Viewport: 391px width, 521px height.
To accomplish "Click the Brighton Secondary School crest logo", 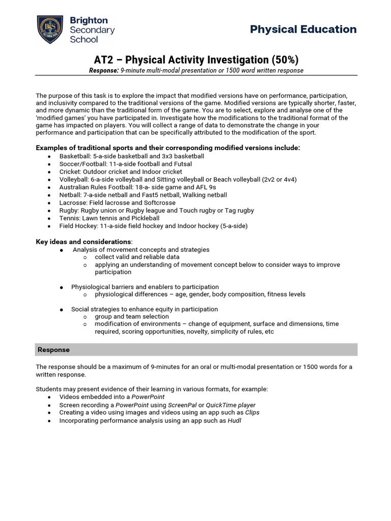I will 50,30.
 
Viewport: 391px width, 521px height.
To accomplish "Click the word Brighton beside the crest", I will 89,20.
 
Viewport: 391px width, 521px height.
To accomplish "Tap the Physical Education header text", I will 303,29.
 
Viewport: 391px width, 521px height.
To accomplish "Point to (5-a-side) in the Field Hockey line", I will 231,226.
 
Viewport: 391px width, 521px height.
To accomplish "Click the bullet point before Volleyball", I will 48,180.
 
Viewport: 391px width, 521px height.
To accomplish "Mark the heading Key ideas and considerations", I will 83,242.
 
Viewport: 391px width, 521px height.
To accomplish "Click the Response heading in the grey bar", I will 53,350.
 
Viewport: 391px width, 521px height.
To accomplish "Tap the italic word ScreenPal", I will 182,405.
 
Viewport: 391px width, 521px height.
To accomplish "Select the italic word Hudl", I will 234,421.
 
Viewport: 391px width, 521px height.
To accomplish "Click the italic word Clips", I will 252,413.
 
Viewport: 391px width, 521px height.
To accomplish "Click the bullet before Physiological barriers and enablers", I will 61,287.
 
